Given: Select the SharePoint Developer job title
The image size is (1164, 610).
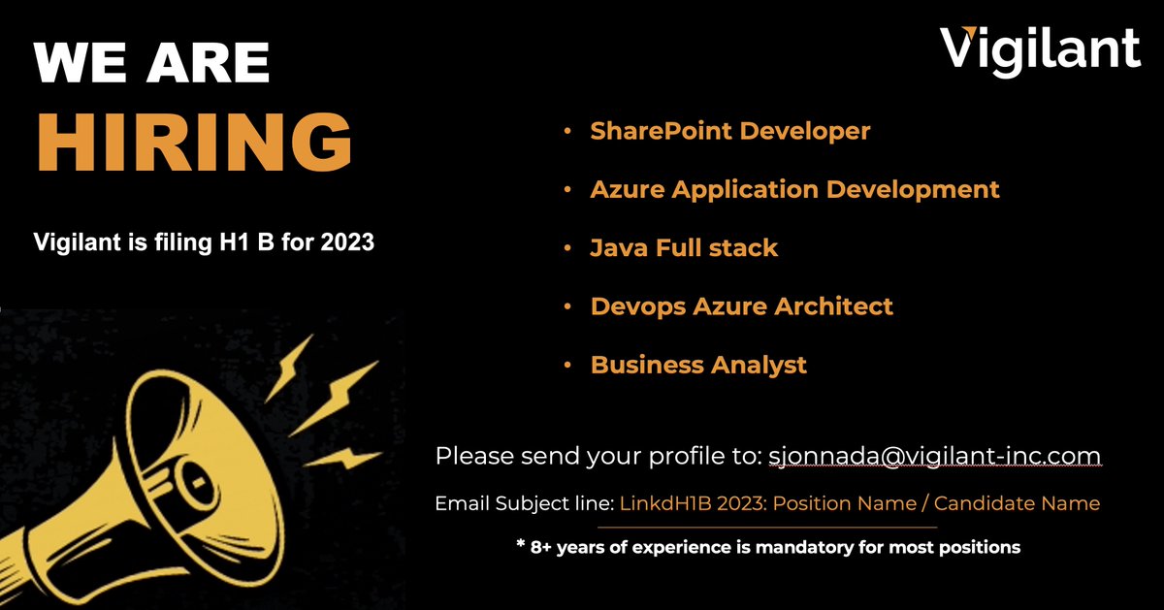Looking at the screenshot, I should click(729, 131).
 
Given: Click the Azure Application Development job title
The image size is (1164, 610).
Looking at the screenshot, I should click(794, 189).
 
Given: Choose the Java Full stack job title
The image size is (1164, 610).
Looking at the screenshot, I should click(684, 248).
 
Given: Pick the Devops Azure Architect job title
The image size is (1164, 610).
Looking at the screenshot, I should click(741, 306).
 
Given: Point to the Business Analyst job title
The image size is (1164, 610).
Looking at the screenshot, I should click(698, 366).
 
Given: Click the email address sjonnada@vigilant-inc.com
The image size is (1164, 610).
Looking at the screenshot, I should click(934, 456).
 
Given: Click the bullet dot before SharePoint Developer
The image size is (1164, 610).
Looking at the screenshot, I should click(566, 131).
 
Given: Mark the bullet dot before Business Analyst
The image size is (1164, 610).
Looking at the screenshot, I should click(566, 366).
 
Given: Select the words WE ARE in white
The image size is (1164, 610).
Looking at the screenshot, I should click(152, 63).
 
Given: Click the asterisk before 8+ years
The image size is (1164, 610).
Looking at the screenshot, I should click(521, 545).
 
